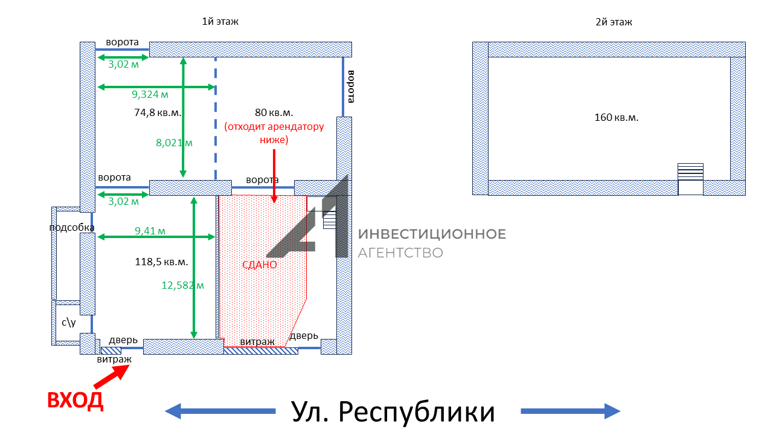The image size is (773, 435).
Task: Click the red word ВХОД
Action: [x=75, y=401]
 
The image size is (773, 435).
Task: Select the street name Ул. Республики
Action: [x=393, y=412]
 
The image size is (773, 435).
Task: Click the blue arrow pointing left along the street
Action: [x=220, y=411]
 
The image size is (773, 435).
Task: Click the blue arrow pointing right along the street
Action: [x=570, y=411]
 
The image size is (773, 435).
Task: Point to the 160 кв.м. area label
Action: [x=616, y=117]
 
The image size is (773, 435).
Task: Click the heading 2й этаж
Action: [x=614, y=22]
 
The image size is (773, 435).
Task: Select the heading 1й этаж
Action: [x=220, y=22]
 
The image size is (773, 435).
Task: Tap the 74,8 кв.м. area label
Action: [x=158, y=112]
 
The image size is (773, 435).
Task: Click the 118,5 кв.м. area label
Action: [x=162, y=262]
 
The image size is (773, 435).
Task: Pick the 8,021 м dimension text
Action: [x=173, y=143]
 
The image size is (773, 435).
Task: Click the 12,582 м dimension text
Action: [x=183, y=285]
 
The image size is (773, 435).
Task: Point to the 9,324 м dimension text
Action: [x=150, y=94]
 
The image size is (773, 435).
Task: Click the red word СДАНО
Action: [x=259, y=265]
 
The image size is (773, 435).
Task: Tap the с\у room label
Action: [x=68, y=323]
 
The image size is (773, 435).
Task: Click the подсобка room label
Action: [x=72, y=227]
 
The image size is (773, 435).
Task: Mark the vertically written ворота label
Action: [x=351, y=86]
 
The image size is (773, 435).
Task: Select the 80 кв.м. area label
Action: [x=274, y=112]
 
